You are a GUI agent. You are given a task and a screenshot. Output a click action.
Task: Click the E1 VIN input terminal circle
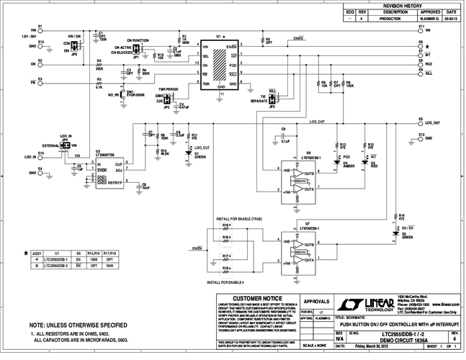(x=40, y=30)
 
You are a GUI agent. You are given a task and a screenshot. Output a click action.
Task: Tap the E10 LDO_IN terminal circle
(x=40, y=156)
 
